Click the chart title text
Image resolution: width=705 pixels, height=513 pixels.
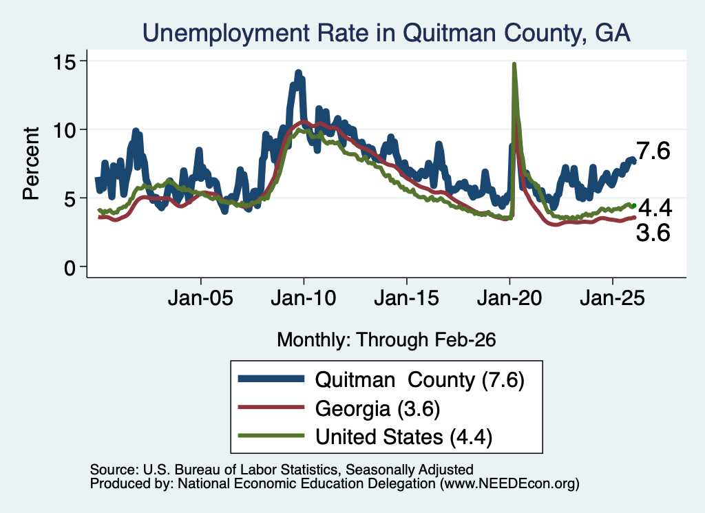coord(386,33)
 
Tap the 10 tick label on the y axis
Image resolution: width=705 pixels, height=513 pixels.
coord(64,130)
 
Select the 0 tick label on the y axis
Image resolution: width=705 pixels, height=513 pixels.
coord(70,268)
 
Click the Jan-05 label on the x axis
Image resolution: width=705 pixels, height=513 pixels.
coord(200,297)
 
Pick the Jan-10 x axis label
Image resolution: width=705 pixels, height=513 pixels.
coord(304,297)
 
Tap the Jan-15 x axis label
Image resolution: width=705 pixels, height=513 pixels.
coord(406,297)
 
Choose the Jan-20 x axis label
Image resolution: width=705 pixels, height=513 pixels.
coord(509,297)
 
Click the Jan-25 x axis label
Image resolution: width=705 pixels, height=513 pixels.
coord(612,297)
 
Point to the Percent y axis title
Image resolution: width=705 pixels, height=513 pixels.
coord(32,163)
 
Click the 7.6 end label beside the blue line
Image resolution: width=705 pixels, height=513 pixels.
coord(653,151)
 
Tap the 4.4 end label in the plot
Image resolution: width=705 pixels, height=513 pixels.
coord(655,208)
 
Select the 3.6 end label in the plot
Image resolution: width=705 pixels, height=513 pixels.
coord(653,233)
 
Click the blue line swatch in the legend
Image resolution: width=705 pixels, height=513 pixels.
coord(271,379)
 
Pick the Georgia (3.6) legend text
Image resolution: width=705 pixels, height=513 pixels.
coord(378,409)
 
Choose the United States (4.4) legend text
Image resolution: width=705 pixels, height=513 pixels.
coord(403,437)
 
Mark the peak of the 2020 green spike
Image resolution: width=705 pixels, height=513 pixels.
coord(514,64)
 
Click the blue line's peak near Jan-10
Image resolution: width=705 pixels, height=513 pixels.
coord(298,72)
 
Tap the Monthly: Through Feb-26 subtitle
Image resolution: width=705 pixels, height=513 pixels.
coord(386,339)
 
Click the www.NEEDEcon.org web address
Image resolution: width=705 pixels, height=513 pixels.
coord(509,483)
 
